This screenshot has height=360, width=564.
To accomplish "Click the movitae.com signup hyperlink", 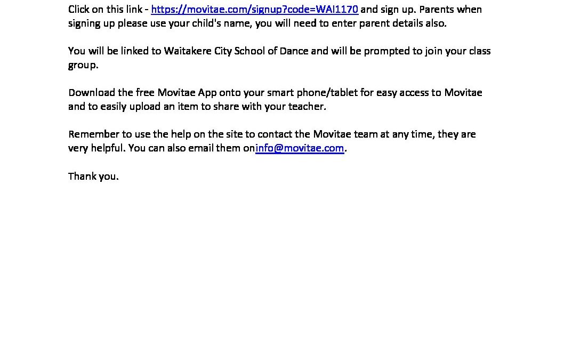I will tap(255, 10).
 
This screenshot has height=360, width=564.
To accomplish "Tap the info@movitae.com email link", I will tap(300, 148).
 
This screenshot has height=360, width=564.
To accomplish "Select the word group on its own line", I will tap(82, 66).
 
